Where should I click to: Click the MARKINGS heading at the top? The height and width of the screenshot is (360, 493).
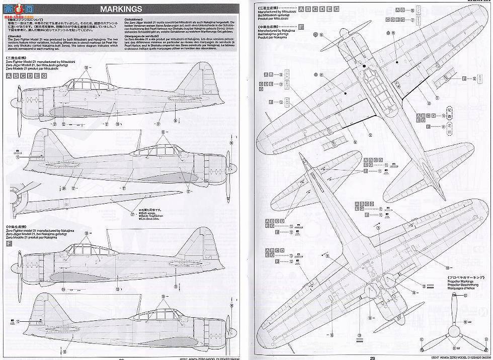(121, 9)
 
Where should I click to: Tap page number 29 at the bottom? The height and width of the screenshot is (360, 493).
(372, 356)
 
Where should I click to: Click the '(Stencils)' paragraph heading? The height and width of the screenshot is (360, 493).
(16, 37)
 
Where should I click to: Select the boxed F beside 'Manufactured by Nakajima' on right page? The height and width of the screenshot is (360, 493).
(301, 27)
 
